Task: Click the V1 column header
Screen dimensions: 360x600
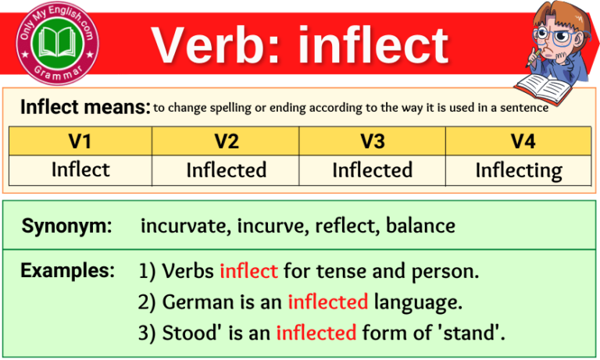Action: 80,141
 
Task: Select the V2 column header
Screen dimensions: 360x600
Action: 226,141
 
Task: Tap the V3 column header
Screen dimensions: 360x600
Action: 372,141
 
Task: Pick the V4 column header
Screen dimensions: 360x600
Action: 518,141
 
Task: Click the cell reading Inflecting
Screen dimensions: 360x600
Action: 518,170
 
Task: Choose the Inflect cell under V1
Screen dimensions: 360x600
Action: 80,169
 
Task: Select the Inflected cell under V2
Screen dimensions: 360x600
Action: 226,170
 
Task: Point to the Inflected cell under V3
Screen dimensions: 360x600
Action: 372,169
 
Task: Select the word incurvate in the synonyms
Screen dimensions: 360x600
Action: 186,226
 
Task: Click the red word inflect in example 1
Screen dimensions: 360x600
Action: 248,272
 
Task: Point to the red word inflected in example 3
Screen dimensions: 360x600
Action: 316,333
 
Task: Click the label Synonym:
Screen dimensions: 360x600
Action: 66,226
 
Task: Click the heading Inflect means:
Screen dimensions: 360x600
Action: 84,107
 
